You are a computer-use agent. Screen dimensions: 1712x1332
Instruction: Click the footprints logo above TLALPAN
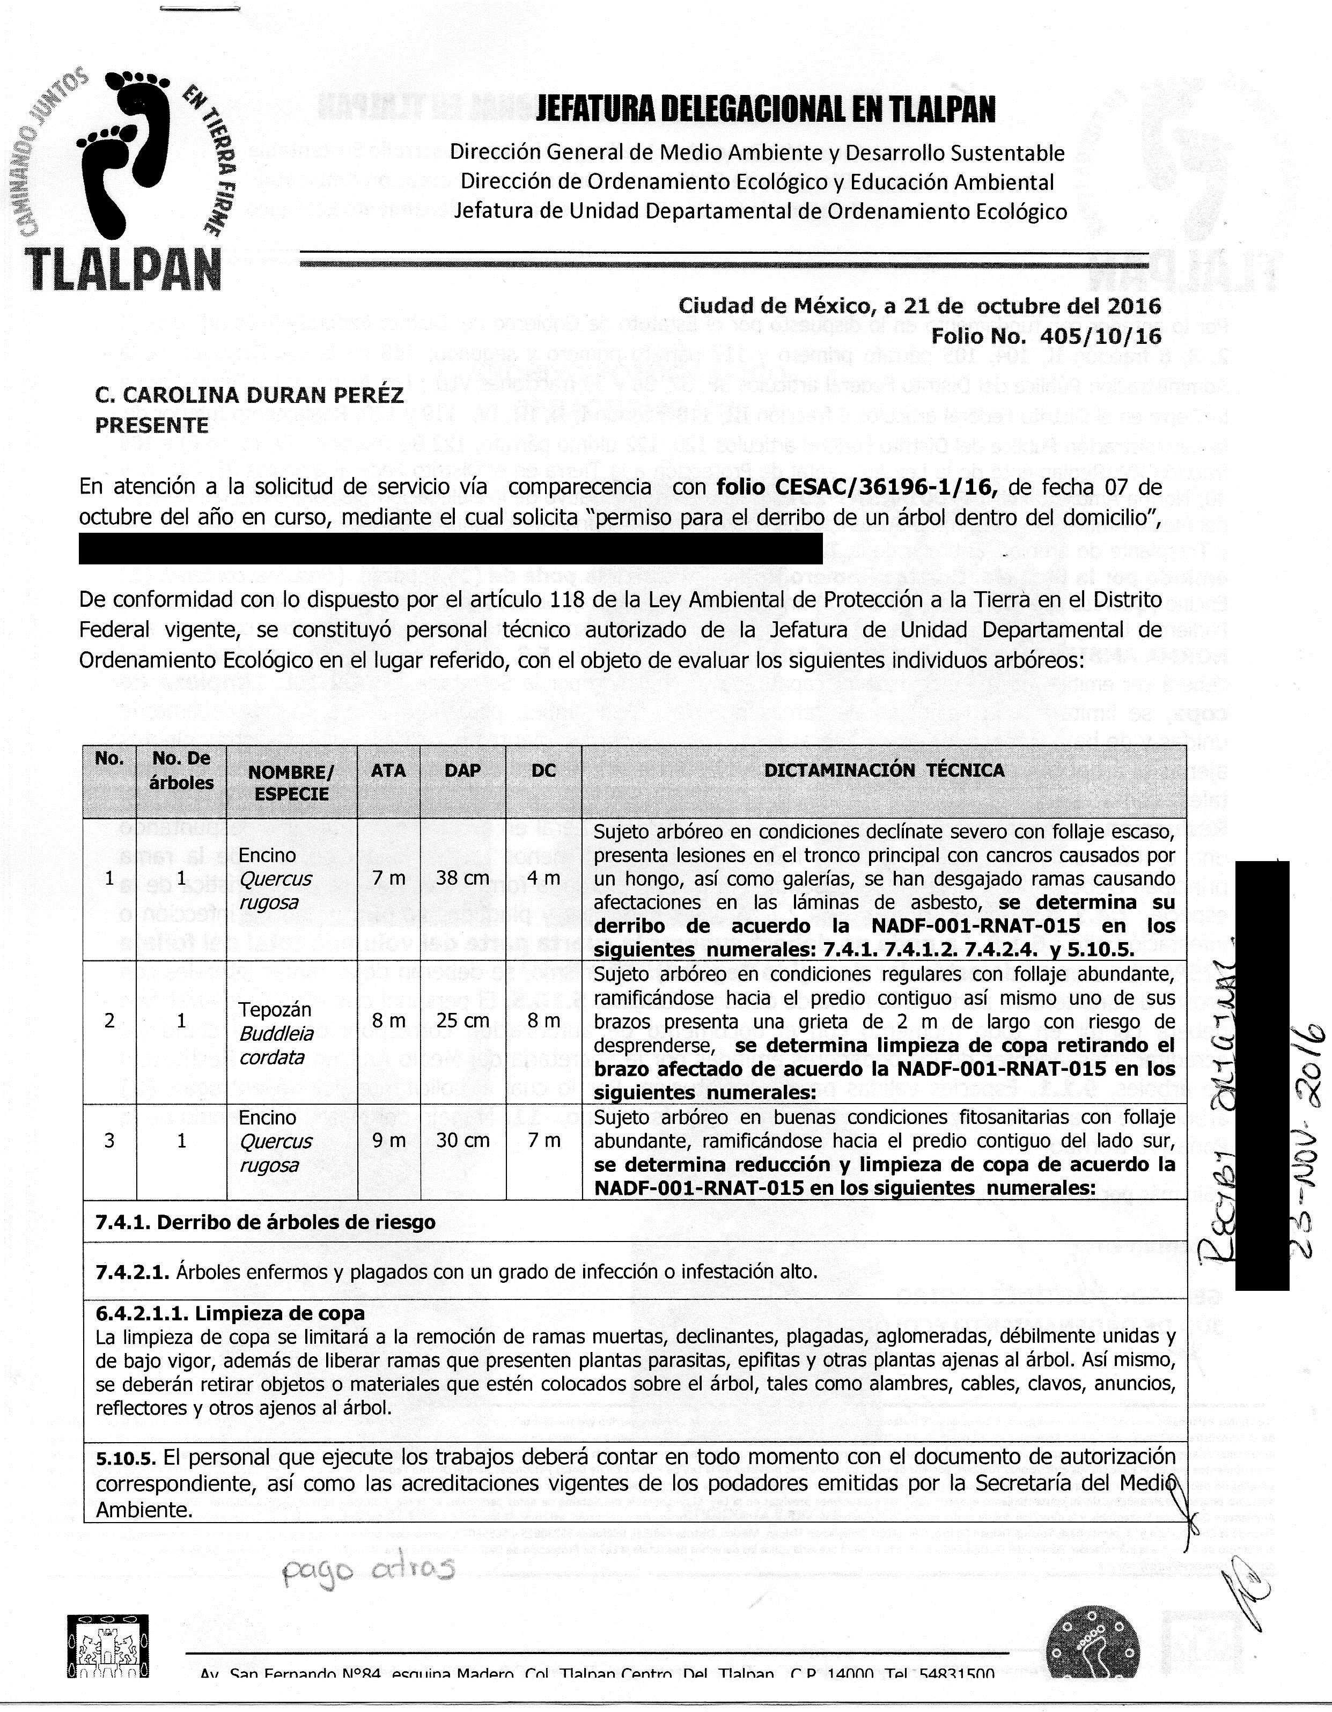(129, 153)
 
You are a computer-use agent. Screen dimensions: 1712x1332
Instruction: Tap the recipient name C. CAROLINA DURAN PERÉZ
(249, 396)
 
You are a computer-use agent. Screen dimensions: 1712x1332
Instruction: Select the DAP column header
(462, 770)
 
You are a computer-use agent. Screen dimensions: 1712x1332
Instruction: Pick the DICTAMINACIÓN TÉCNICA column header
(885, 770)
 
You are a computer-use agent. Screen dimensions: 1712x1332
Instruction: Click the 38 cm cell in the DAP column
(462, 879)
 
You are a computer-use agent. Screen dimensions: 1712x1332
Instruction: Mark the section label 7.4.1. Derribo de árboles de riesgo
(265, 1222)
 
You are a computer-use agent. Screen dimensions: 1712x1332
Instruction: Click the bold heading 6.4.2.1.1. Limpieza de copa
(230, 1312)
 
